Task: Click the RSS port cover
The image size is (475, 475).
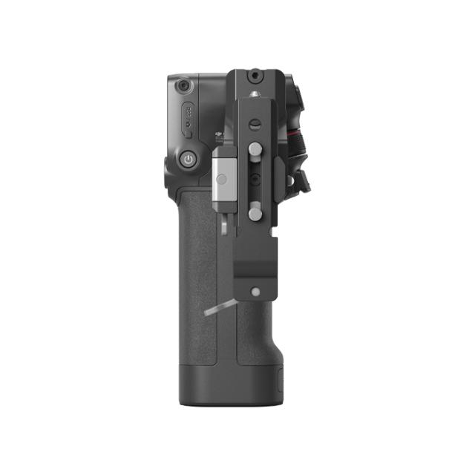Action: tap(188, 119)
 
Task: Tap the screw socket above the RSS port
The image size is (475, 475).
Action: tap(182, 87)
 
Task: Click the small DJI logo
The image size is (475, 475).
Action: tap(219, 136)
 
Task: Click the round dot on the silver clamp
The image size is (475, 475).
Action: tap(222, 180)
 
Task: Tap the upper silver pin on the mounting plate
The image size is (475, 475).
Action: tap(255, 150)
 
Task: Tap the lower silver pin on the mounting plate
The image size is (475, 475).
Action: tap(255, 214)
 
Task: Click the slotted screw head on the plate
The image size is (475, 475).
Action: tap(255, 125)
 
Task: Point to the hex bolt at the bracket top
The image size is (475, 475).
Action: tap(254, 76)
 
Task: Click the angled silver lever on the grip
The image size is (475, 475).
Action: tap(217, 308)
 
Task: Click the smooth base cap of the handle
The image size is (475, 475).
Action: tap(230, 387)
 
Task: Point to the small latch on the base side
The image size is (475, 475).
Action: tap(280, 383)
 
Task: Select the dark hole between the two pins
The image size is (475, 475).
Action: tap(255, 179)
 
